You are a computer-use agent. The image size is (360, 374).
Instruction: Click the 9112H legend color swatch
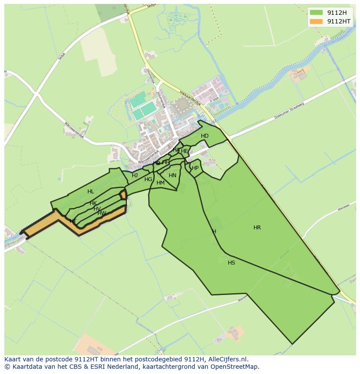pyautogui.click(x=317, y=12)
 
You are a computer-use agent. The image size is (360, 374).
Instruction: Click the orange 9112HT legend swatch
pyautogui.click(x=317, y=21)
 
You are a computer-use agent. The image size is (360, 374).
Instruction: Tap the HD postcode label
pyautogui.click(x=205, y=136)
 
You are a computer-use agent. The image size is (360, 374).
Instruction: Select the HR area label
pyautogui.click(x=257, y=228)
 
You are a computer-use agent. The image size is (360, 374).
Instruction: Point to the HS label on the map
pyautogui.click(x=231, y=263)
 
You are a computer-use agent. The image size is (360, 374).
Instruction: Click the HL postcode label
pyautogui.click(x=90, y=192)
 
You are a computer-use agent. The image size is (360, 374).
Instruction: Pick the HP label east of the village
pyautogui.click(x=195, y=168)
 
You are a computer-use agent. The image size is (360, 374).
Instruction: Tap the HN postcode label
pyautogui.click(x=173, y=175)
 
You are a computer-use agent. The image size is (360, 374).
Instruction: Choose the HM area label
pyautogui.click(x=160, y=183)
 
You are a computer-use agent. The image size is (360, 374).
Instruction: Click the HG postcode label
pyautogui.click(x=148, y=179)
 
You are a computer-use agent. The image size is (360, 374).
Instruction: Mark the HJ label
pyautogui.click(x=135, y=175)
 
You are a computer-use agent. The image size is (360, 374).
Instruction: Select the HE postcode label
pyautogui.click(x=184, y=151)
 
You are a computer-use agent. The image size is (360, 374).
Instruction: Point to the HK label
pyautogui.click(x=93, y=203)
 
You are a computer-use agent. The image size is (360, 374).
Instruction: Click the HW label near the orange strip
pyautogui.click(x=102, y=213)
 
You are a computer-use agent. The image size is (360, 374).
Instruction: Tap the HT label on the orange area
pyautogui.click(x=73, y=221)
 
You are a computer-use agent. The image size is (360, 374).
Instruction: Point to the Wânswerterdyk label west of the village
pyautogui.click(x=74, y=129)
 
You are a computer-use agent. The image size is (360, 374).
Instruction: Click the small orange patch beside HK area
pyautogui.click(x=123, y=194)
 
